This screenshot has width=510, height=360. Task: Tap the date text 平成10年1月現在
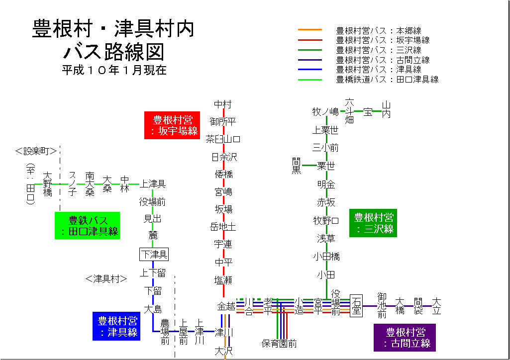pos(114,70)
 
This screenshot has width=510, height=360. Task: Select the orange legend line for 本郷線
pos(310,31)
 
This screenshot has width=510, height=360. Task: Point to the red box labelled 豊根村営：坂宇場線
pos(172,125)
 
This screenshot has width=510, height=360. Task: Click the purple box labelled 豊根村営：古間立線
pos(405,337)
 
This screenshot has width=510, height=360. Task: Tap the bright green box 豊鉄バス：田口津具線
pos(88,225)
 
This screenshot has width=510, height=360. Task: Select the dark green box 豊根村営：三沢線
pos(373,223)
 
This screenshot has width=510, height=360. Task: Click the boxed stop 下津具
pos(154,255)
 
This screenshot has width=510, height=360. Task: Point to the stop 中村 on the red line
pos(223,104)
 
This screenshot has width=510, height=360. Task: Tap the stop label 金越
pos(226,306)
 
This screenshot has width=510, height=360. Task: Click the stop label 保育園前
pos(280,344)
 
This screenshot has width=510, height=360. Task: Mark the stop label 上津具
pos(153,184)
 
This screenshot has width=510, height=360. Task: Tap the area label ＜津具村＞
pos(106,279)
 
